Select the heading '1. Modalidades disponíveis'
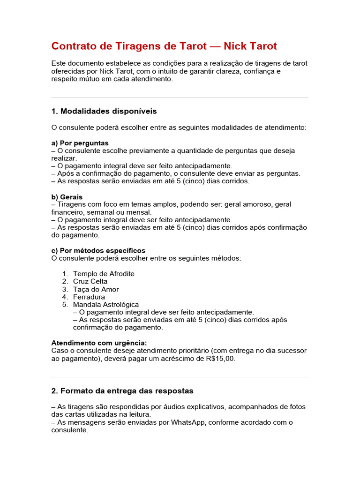pos(104,111)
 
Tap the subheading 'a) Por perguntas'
pos(80,142)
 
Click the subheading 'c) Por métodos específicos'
pos(98,250)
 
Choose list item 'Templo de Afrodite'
pos(104,274)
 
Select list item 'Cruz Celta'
pos(90,281)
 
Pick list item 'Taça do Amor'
pos(96,289)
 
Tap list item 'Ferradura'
pos(89,297)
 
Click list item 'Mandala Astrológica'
pos(106,305)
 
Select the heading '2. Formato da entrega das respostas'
pos(122,390)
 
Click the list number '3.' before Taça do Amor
pos(65,289)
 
